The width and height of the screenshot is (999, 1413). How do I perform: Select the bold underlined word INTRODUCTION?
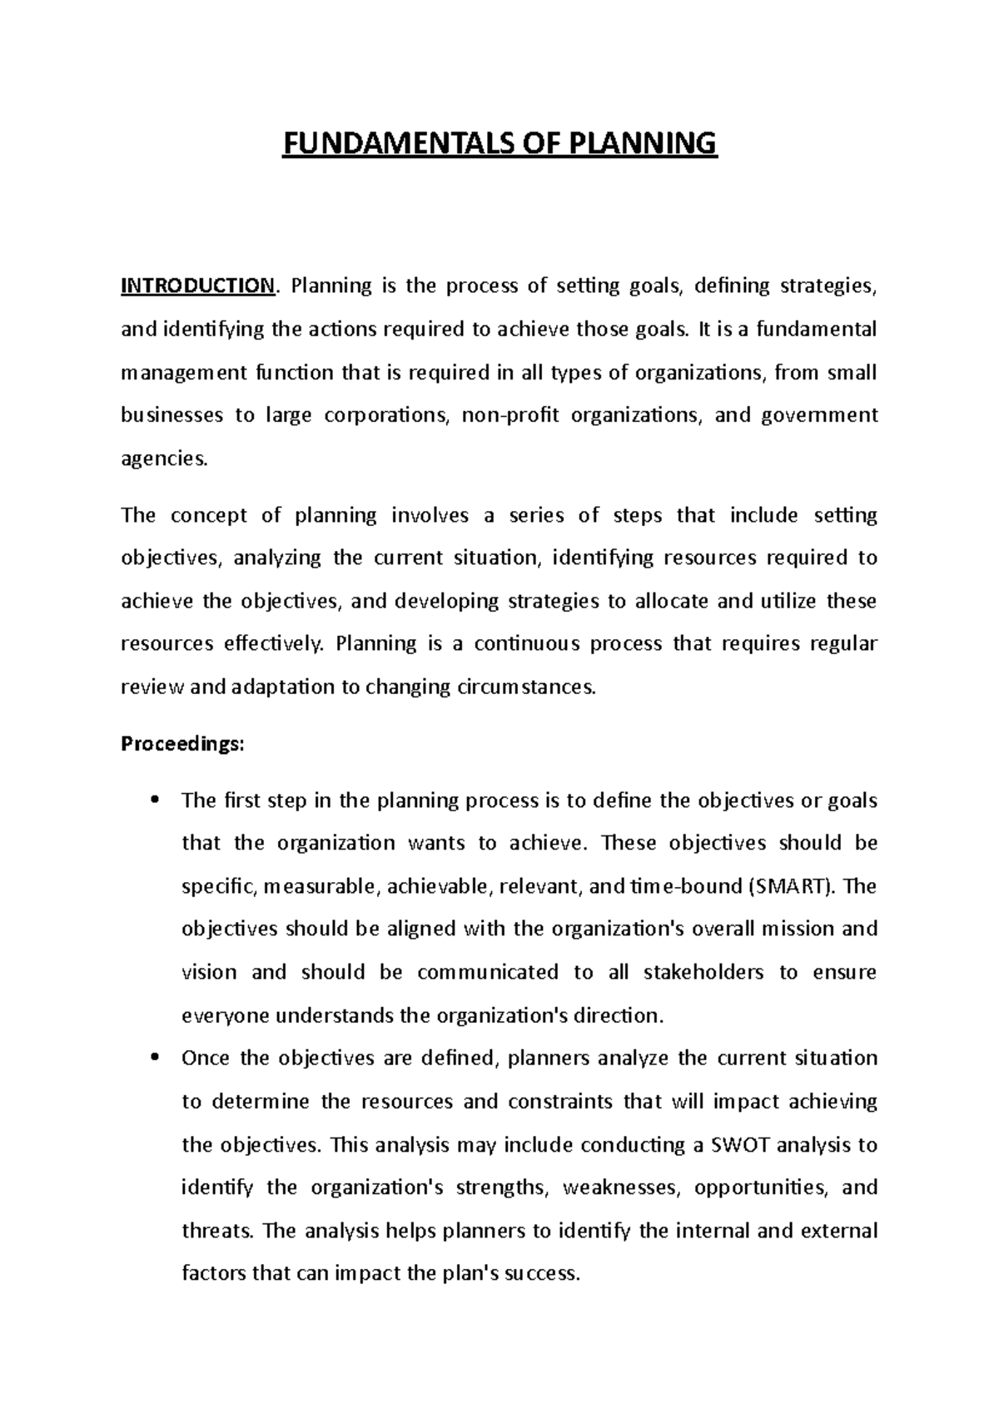(x=197, y=286)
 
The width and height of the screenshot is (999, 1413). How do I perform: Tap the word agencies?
(x=162, y=459)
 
